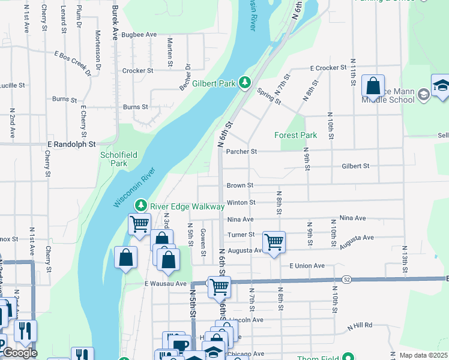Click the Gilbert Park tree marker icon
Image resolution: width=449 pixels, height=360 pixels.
244,82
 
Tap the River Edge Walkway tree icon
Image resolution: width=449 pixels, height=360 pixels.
141,205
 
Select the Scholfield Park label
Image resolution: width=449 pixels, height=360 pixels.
118,159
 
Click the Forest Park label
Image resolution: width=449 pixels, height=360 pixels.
295,136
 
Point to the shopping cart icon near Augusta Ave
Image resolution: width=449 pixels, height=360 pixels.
274,242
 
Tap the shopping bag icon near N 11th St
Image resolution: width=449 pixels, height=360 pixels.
373,86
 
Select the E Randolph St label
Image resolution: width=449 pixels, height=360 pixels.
71,145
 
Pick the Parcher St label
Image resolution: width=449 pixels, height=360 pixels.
241,152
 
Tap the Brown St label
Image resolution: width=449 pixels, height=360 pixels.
240,186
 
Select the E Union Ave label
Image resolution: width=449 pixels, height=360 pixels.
307,266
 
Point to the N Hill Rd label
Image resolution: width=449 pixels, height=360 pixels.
360,325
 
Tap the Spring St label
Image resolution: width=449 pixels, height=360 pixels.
269,95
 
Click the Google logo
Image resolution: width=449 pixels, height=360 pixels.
20,353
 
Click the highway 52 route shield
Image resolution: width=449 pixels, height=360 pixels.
347,280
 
